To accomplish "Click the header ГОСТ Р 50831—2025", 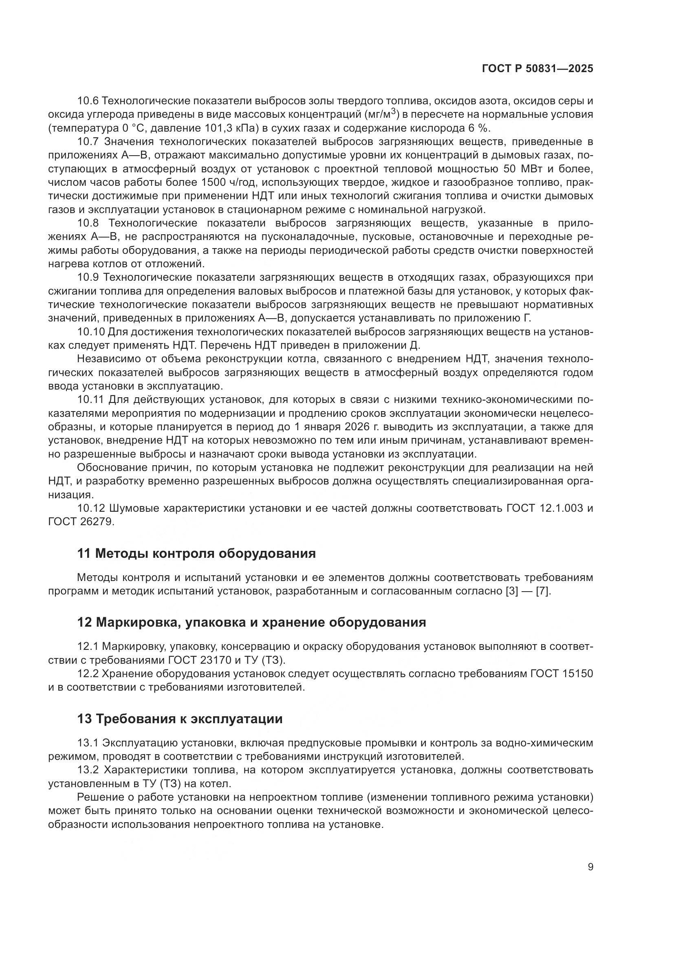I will coord(537,69).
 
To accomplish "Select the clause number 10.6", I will coord(88,101).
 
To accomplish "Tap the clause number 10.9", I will coord(88,277).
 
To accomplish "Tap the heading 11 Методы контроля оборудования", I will coord(196,553).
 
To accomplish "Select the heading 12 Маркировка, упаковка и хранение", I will coord(251,623).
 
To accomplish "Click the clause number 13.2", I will coord(88,770).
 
